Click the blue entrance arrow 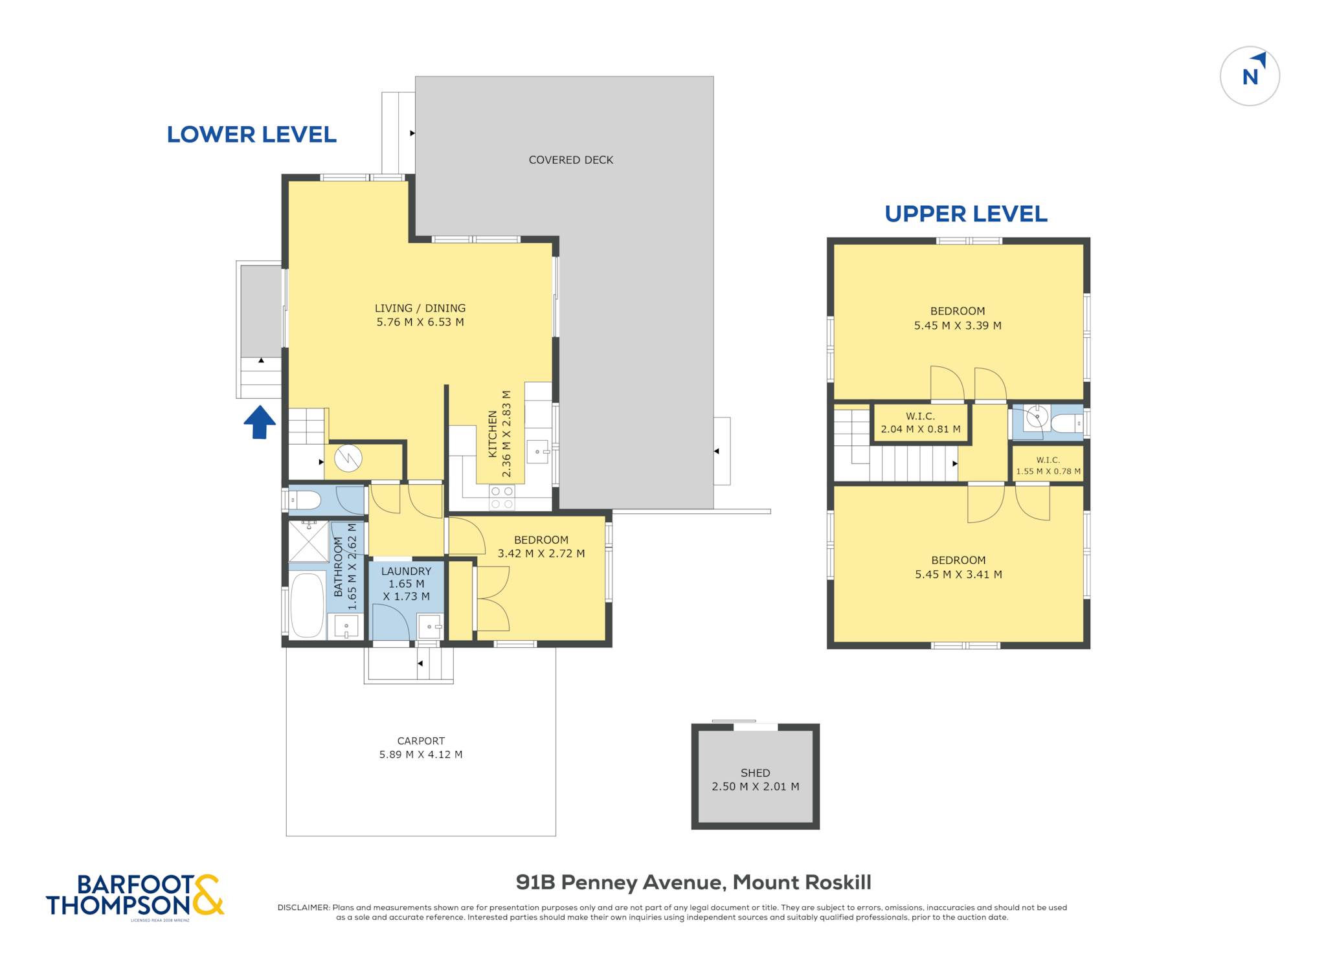(x=260, y=422)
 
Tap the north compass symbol (x=1250, y=76)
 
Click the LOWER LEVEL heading (x=252, y=135)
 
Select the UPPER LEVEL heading (x=966, y=214)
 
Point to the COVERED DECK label (x=571, y=160)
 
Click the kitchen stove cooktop (x=502, y=497)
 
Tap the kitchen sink (x=537, y=451)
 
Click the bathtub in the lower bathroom (x=307, y=605)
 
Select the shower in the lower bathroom (x=308, y=541)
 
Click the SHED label (x=756, y=773)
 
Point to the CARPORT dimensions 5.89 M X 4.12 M (x=421, y=754)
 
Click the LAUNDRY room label (x=406, y=571)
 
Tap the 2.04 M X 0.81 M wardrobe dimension (x=921, y=428)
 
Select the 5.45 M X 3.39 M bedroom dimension (x=958, y=326)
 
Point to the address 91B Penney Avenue (x=619, y=882)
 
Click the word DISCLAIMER (x=303, y=907)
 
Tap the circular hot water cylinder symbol (x=348, y=459)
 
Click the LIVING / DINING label (x=420, y=308)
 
